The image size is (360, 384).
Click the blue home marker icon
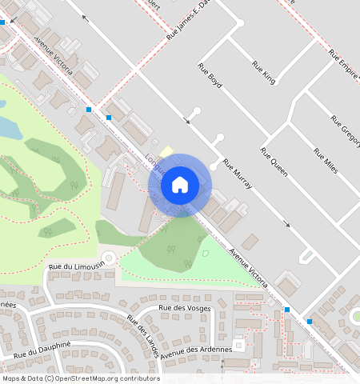(180, 185)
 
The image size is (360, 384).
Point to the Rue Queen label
(274, 162)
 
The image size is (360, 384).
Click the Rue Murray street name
(238, 174)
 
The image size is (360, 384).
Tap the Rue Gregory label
(346, 129)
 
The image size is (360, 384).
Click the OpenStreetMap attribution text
(81, 378)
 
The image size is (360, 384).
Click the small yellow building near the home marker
(166, 151)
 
